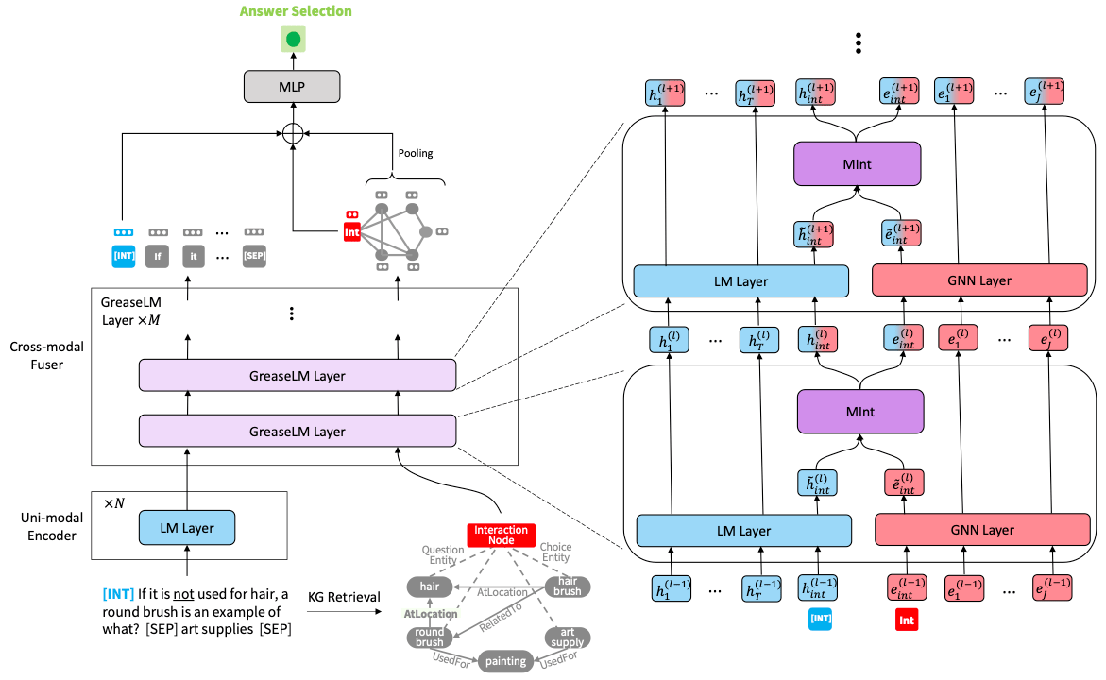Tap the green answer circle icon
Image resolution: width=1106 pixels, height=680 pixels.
click(293, 40)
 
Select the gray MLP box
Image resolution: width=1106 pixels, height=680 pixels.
click(293, 88)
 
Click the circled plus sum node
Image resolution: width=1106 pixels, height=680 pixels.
click(293, 133)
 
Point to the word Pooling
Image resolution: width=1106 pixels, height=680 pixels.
click(415, 153)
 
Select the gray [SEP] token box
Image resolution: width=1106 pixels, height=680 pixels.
click(254, 255)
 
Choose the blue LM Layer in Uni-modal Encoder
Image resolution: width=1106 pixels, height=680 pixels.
click(186, 528)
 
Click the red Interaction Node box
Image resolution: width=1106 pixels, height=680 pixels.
click(501, 535)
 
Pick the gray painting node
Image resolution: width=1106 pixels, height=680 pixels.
click(505, 661)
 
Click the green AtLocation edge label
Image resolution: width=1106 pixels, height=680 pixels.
click(431, 613)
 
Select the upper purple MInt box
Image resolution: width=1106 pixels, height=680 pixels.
click(857, 164)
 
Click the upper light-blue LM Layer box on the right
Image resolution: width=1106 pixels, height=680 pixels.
click(741, 280)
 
